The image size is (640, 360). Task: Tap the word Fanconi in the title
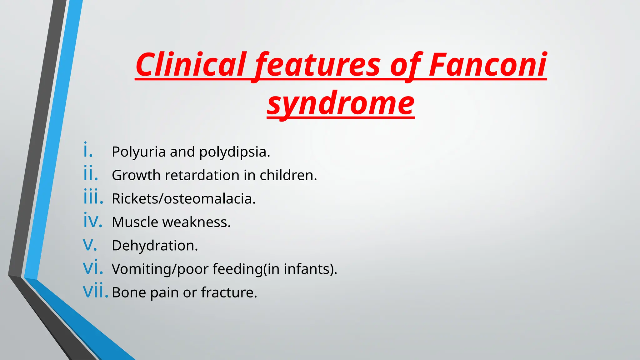(x=487, y=65)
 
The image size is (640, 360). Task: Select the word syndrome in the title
(x=341, y=103)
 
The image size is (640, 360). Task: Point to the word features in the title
(x=317, y=65)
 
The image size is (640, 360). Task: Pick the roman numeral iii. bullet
(x=93, y=197)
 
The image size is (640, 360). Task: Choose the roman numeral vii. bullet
(x=95, y=292)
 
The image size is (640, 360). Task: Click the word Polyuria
(x=139, y=152)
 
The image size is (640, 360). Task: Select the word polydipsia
(x=234, y=152)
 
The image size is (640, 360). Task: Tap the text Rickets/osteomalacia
(x=184, y=199)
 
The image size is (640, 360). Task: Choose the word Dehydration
(x=155, y=246)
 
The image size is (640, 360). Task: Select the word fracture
(x=229, y=292)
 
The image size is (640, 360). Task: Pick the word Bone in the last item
(x=129, y=292)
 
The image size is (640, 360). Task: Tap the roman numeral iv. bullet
(x=92, y=221)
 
